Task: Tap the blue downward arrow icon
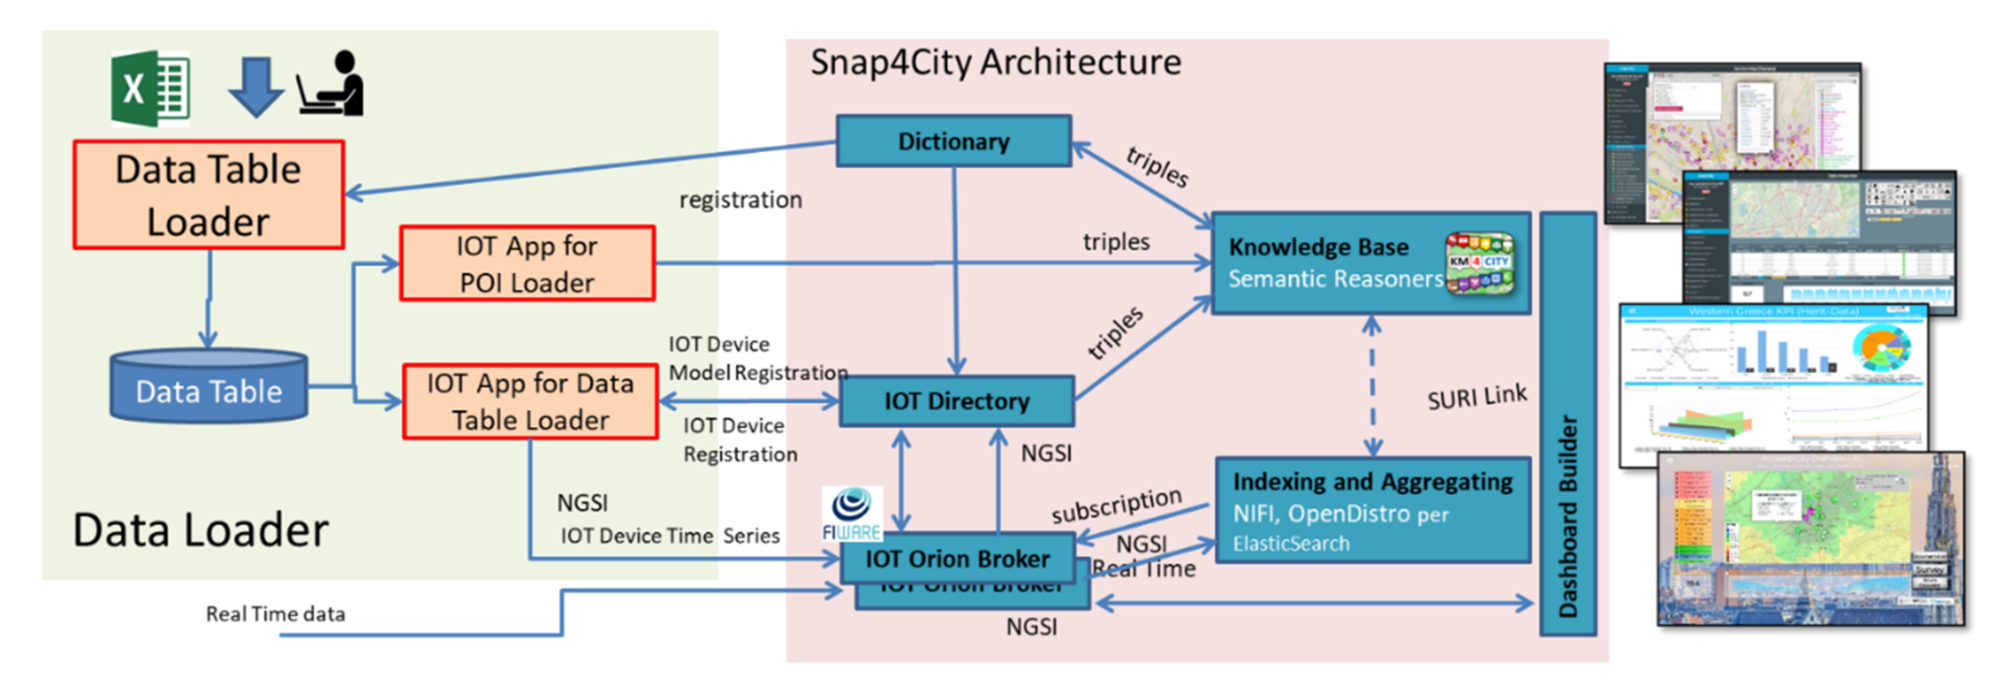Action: [x=256, y=87]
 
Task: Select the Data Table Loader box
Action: [x=208, y=194]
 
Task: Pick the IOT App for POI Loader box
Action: [x=527, y=264]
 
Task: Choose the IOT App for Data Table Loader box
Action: [x=531, y=401]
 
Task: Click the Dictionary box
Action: [x=953, y=141]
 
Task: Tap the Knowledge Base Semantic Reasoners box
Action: [x=1332, y=264]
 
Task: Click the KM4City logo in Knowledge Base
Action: [x=1480, y=264]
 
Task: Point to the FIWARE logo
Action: [x=852, y=513]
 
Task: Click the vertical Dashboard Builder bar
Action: [x=1568, y=425]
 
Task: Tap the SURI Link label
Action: [x=1476, y=397]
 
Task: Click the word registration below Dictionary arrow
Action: [x=740, y=200]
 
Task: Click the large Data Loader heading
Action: [x=200, y=531]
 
